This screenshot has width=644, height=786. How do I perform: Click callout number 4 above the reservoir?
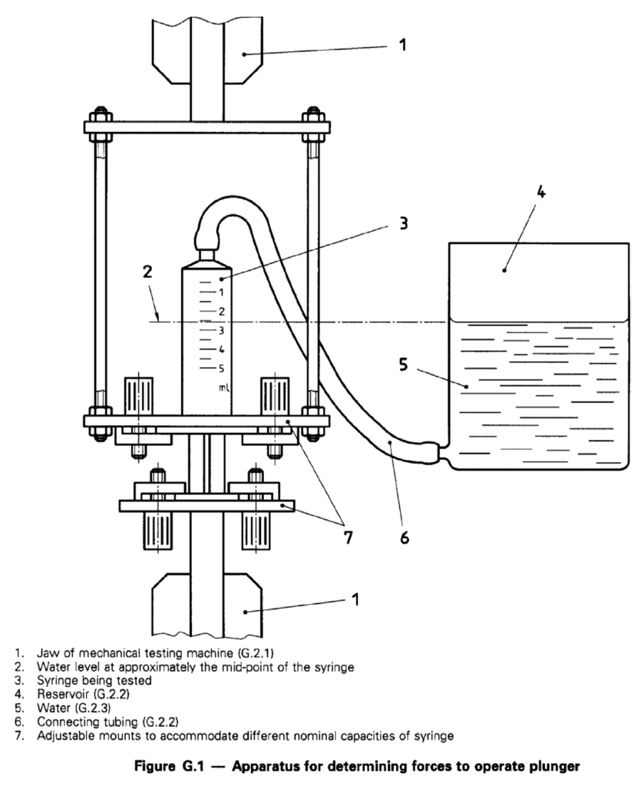pyautogui.click(x=540, y=192)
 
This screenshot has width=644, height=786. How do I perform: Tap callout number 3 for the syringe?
pyautogui.click(x=404, y=223)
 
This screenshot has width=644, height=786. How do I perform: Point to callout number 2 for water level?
pyautogui.click(x=147, y=272)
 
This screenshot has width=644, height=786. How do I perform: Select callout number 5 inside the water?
pyautogui.click(x=404, y=365)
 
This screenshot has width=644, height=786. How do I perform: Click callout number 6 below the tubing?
pyautogui.click(x=405, y=537)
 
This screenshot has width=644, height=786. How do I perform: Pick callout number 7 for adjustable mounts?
pyautogui.click(x=348, y=537)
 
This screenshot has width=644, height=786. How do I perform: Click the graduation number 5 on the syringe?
pyautogui.click(x=221, y=369)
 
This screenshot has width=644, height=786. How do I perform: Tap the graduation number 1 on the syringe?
pyautogui.click(x=220, y=292)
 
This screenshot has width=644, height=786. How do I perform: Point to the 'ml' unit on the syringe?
pyautogui.click(x=224, y=387)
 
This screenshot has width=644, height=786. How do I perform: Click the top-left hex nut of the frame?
pyautogui.click(x=97, y=117)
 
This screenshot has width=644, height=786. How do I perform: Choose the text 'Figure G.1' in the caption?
pyautogui.click(x=169, y=767)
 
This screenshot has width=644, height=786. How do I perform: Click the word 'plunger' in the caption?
pyautogui.click(x=557, y=767)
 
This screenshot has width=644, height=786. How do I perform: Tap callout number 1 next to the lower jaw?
pyautogui.click(x=355, y=599)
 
